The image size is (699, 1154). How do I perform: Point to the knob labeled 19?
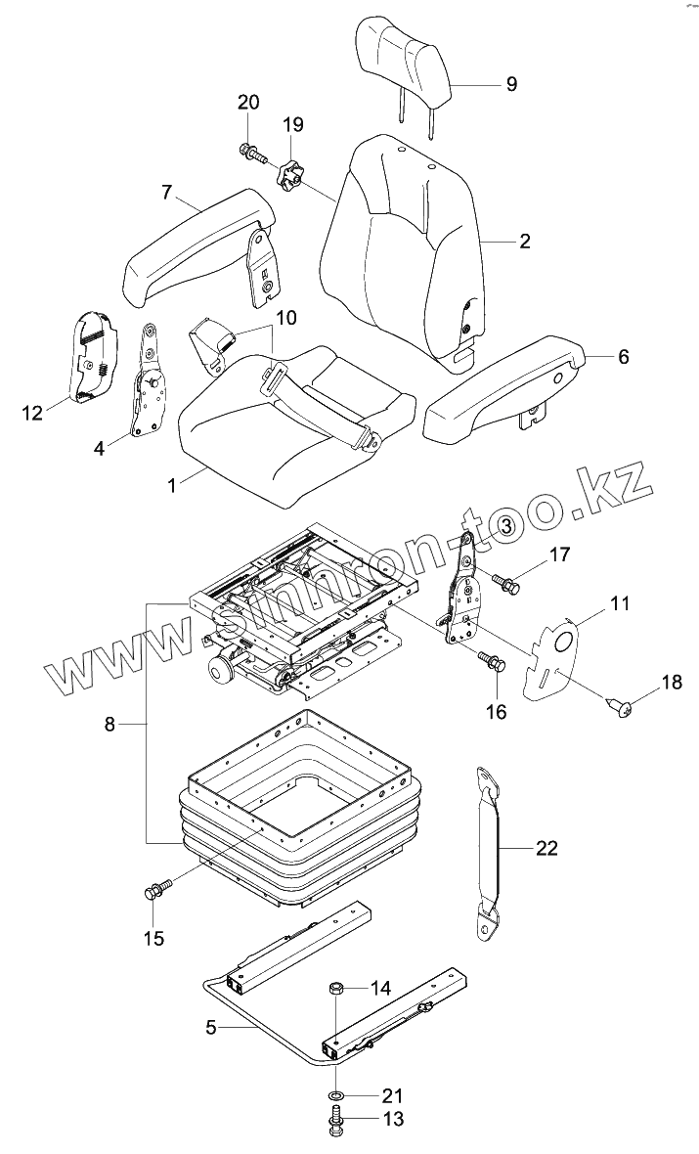tap(291, 178)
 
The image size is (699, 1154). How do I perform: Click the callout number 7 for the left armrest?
tap(167, 193)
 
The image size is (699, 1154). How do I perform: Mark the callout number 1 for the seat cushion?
tap(172, 484)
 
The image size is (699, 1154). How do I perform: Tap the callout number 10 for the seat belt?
tap(285, 318)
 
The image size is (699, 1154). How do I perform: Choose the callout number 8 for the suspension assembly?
tap(109, 725)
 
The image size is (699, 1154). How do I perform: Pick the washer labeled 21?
tap(335, 1092)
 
